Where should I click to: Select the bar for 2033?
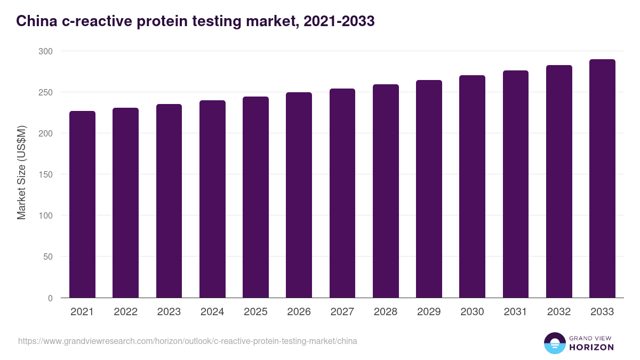tap(602, 179)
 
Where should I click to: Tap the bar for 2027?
tap(342, 193)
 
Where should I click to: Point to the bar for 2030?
tap(472, 187)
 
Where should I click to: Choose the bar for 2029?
tap(429, 189)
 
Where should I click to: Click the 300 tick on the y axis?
tap(46, 51)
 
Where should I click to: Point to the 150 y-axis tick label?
tap(46, 174)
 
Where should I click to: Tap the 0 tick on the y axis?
tap(50, 298)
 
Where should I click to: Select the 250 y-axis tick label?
tap(46, 92)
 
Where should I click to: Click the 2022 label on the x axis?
tap(125, 312)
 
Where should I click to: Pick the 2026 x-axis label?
tap(299, 312)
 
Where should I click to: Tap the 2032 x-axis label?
tap(559, 312)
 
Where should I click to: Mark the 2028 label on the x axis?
tap(386, 312)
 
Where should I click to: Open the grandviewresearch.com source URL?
tap(188, 341)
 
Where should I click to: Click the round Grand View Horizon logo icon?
tap(554, 343)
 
